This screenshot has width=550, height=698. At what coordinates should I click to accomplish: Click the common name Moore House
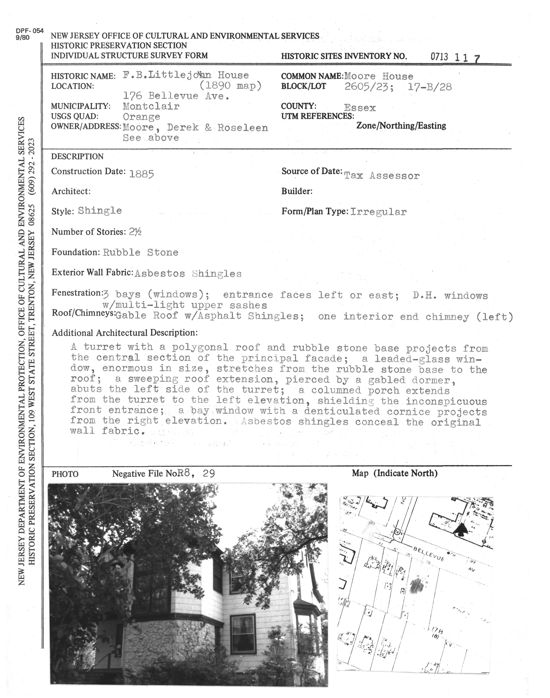point(379,77)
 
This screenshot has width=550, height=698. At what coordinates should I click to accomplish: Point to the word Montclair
point(151,106)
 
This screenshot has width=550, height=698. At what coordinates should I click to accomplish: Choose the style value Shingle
point(100,211)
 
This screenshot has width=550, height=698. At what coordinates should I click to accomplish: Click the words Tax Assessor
point(382,176)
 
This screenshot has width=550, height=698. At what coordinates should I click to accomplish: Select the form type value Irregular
point(378,212)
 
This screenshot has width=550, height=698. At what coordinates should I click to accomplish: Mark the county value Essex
point(360,108)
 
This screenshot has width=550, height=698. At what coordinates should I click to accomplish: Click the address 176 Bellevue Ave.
point(176,96)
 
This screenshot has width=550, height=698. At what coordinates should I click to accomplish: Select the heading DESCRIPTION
point(77,157)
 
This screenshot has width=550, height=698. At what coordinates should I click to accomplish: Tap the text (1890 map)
point(230,86)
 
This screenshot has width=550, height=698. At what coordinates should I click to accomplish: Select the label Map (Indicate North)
point(395,473)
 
